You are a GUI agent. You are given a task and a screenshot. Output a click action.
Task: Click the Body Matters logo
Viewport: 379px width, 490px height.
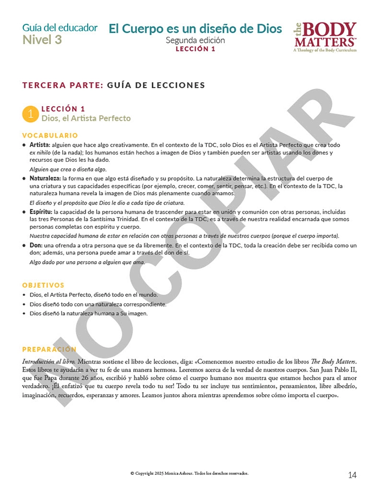[x=325, y=37]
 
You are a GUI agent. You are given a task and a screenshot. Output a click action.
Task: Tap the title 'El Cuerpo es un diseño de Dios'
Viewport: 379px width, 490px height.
[x=195, y=29]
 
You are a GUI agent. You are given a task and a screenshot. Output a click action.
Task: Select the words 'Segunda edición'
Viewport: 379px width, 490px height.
[x=195, y=41]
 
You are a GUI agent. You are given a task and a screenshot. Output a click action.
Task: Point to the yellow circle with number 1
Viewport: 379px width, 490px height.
[x=30, y=114]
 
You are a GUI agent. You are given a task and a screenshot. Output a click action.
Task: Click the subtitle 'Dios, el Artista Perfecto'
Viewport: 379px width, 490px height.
[x=86, y=118]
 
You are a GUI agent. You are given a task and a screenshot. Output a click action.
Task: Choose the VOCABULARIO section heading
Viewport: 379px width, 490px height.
[x=50, y=135]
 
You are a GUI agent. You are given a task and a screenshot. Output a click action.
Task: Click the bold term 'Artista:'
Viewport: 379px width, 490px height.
[x=40, y=145]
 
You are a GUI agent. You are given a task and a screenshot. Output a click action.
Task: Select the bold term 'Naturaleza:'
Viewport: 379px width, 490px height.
[x=45, y=178]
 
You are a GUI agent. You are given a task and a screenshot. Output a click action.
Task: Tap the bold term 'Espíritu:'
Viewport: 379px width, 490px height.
[x=41, y=212]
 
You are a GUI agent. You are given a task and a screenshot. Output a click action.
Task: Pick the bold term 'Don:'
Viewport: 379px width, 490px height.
[x=35, y=246]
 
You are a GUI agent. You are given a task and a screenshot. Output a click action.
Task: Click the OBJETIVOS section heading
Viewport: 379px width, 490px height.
[x=43, y=285]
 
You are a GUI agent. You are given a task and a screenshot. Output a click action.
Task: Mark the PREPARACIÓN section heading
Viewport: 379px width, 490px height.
[x=49, y=349]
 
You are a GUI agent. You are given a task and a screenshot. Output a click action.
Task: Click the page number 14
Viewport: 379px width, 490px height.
[x=352, y=475]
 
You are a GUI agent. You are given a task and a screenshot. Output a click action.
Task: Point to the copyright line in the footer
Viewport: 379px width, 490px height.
[x=189, y=473]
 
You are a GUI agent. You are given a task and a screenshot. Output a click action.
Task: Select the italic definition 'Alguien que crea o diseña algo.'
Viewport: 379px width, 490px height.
[x=68, y=169]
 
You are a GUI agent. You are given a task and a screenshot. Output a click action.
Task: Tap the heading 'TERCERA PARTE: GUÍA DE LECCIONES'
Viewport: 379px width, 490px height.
[x=114, y=85]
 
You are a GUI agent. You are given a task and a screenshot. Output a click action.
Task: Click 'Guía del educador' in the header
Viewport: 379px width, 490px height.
[x=60, y=28]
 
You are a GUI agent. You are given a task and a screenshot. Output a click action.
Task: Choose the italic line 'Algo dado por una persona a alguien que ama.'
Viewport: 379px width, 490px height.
[x=87, y=262]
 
